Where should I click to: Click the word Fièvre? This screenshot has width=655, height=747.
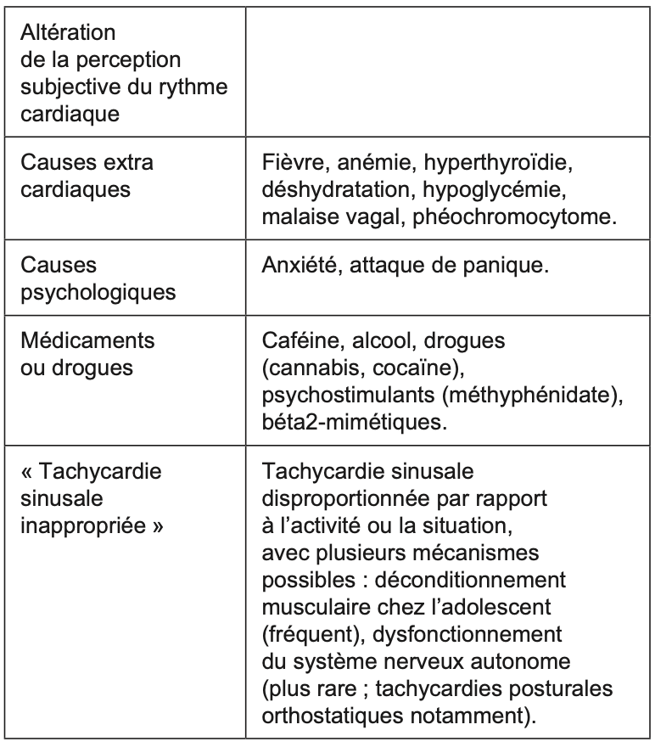coord(290,163)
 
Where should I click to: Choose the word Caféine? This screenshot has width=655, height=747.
coord(296,341)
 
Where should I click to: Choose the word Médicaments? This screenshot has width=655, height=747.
coord(88,341)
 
